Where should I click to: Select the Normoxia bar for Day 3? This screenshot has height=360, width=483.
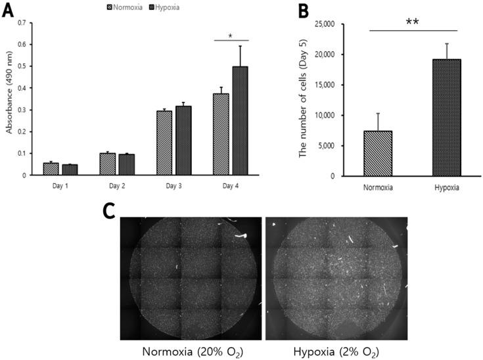164,143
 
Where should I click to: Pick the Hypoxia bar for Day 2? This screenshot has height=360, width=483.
126,164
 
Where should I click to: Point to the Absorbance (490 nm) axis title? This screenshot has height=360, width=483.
9,99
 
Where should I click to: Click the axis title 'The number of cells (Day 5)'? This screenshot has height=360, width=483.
304,99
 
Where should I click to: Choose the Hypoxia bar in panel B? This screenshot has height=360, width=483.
446,118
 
